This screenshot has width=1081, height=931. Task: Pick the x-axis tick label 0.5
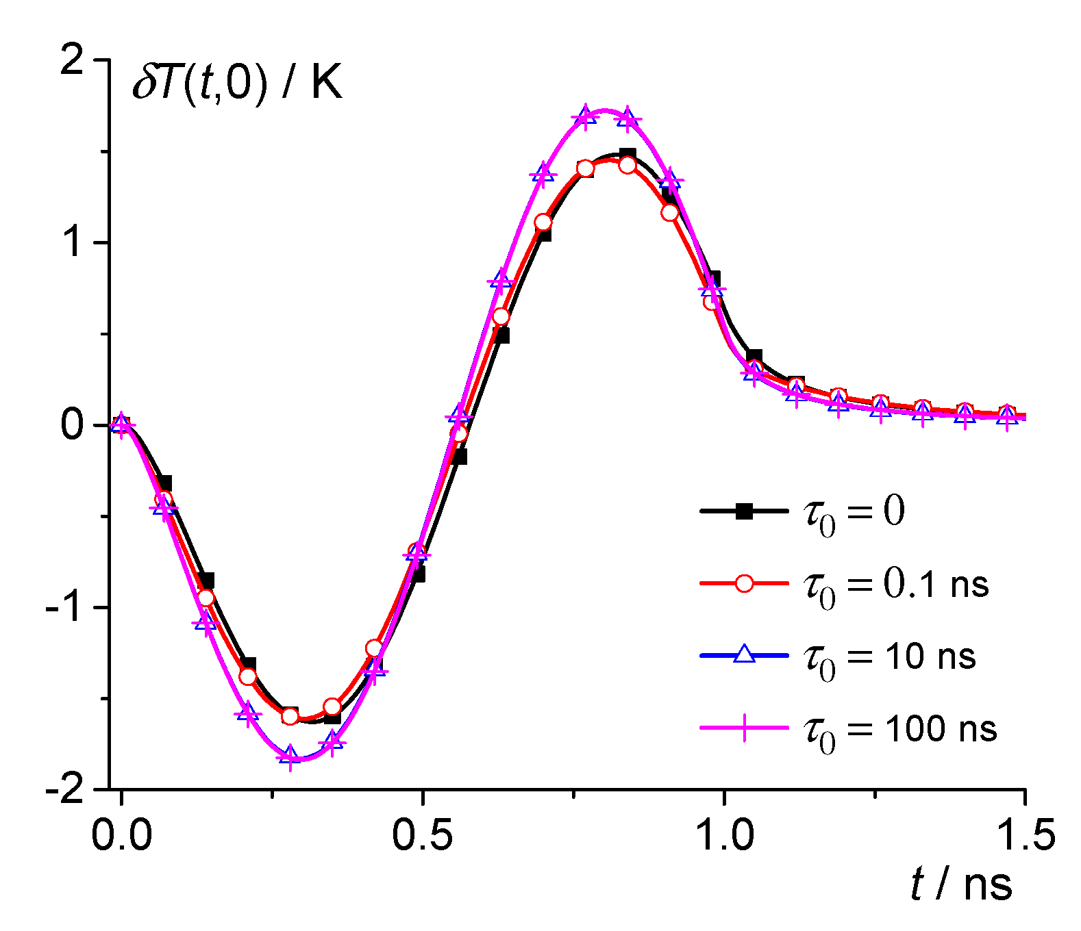click(423, 834)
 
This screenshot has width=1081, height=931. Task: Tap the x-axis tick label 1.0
click(724, 834)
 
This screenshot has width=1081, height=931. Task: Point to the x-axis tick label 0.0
click(122, 834)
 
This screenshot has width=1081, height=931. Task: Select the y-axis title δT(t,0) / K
click(237, 86)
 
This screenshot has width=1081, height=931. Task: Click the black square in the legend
click(744, 511)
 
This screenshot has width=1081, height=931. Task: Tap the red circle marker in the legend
click(744, 584)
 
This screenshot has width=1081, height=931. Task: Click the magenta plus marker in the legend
click(744, 728)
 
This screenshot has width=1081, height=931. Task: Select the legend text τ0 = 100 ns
click(900, 730)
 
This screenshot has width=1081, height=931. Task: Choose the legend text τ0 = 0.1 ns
click(896, 587)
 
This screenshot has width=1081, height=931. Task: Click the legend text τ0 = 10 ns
click(889, 659)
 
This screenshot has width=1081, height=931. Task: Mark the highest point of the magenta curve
click(604, 110)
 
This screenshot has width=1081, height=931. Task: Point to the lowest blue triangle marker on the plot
click(290, 756)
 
